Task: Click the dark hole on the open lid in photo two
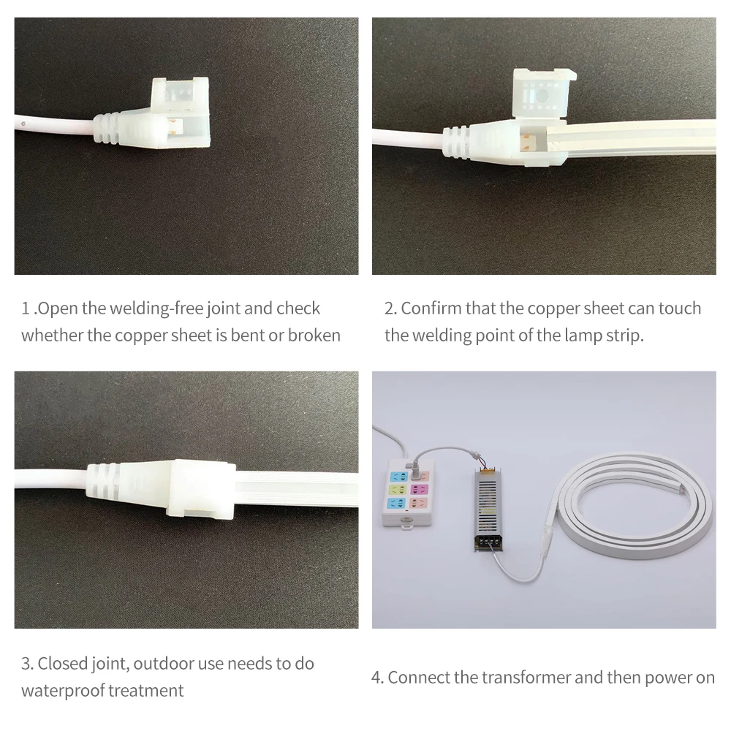tap(543, 94)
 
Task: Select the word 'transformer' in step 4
tap(528, 678)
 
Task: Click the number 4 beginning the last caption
tap(376, 678)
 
